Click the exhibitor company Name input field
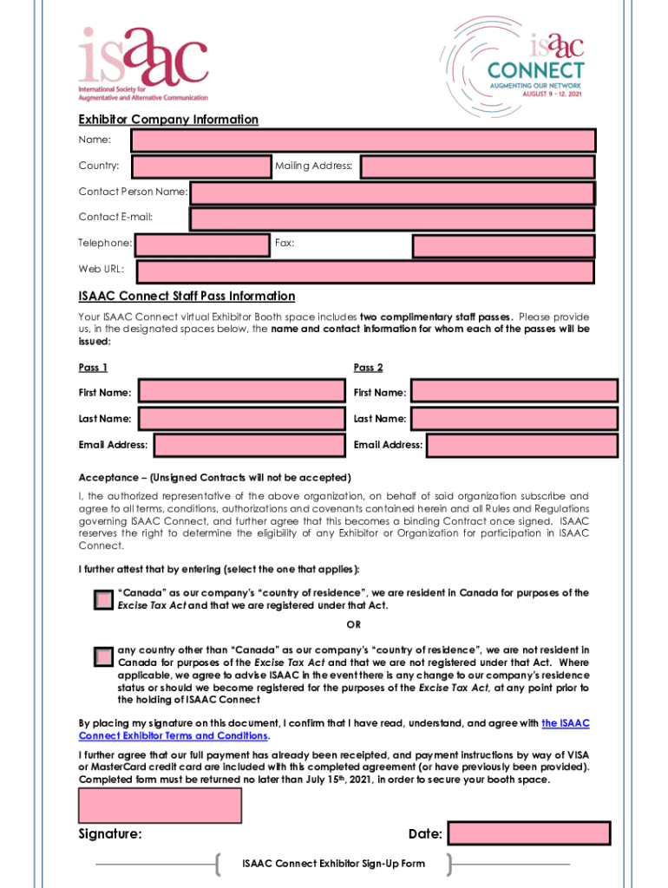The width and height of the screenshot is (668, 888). (363, 140)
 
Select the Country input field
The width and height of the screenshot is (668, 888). (201, 166)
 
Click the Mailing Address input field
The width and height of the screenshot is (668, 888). (477, 166)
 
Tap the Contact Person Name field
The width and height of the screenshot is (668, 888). (391, 193)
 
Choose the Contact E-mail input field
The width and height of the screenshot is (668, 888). (391, 219)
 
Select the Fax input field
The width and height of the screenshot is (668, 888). (502, 246)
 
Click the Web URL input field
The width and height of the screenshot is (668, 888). (365, 272)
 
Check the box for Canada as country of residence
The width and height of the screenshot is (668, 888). (103, 600)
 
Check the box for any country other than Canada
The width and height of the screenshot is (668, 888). (103, 656)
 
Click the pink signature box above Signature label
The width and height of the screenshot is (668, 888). (160, 806)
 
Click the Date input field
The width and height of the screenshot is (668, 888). (528, 834)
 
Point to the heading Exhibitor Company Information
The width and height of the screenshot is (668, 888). (168, 120)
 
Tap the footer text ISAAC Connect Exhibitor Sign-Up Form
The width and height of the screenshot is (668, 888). (333, 864)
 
